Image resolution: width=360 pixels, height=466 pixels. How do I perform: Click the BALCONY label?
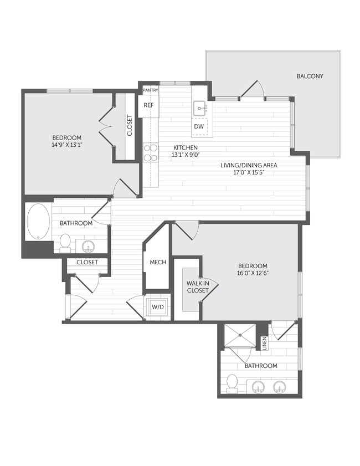[310, 76]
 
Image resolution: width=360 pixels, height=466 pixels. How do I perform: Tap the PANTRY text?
[151, 90]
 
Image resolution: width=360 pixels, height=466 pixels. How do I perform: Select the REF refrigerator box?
[148, 105]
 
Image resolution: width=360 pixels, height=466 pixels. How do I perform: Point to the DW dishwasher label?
[198, 127]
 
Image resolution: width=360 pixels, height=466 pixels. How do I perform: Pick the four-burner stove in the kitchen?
[151, 152]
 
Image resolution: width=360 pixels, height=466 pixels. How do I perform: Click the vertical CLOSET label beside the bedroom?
[130, 126]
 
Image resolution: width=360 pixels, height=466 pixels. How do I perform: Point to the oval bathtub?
[38, 222]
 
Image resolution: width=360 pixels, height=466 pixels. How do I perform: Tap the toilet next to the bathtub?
[65, 242]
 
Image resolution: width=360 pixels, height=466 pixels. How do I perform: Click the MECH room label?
[155, 262]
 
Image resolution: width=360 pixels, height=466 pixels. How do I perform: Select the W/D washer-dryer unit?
[157, 306]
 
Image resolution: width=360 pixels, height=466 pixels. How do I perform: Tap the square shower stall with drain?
[240, 335]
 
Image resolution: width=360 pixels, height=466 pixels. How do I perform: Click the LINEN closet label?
[264, 343]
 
